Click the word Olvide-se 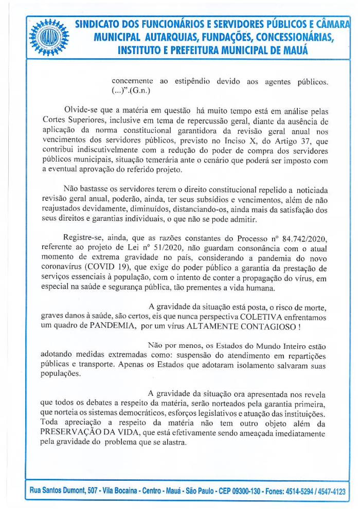click(x=82, y=111)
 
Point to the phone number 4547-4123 click(x=333, y=492)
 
